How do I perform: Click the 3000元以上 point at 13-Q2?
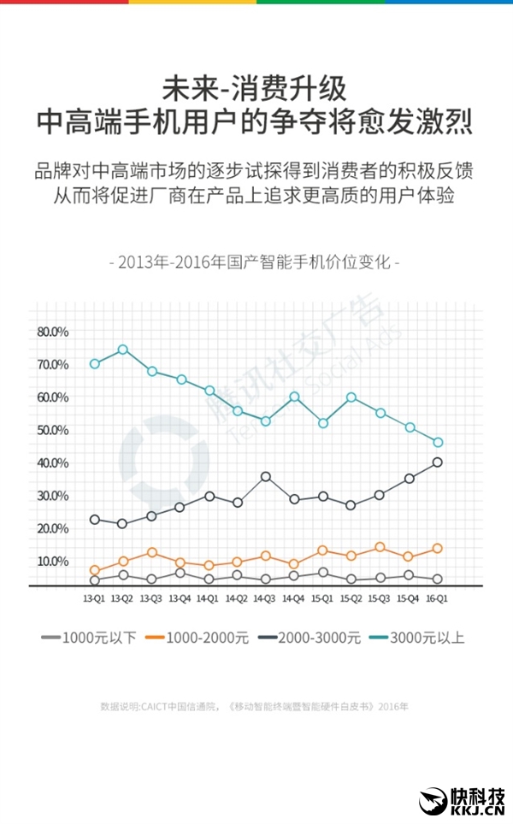(123, 350)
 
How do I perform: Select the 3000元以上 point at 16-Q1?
(438, 443)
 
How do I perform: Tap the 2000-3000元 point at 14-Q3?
(266, 477)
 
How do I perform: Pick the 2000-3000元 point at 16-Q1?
(438, 462)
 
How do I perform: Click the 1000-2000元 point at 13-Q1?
(95, 571)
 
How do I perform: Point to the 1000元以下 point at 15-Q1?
(322, 573)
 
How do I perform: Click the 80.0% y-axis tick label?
(53, 332)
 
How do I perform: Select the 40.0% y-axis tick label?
(53, 463)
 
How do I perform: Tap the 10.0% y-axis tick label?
(53, 562)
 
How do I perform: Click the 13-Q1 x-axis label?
(94, 600)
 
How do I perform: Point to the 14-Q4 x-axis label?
(293, 600)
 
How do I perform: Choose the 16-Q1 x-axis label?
(437, 600)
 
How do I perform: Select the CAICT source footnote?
(255, 706)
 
